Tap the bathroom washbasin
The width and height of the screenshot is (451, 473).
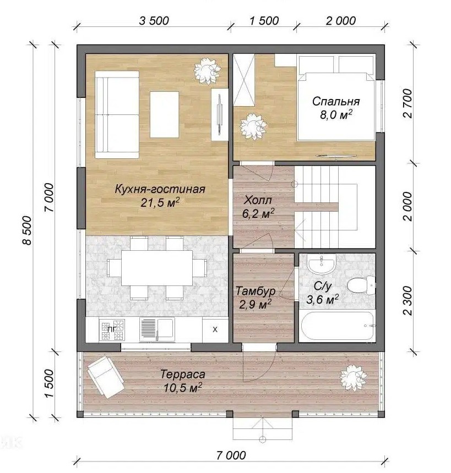pos(322,263)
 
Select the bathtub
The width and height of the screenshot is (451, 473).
pos(337,326)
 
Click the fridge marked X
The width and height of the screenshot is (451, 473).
pos(215,329)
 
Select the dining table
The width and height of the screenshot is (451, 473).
pos(157,268)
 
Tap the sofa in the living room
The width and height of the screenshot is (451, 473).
pos(117,114)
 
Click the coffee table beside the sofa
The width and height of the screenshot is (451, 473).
pos(164,114)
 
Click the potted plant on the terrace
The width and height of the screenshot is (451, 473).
pos(353,378)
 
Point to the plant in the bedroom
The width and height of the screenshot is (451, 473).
pos(254,127)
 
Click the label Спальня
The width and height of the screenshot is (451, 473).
pos(336,101)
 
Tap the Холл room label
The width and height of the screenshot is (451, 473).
pos(258,200)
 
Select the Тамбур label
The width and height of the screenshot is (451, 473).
pos(256,291)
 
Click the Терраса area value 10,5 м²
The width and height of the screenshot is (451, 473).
pos(183,387)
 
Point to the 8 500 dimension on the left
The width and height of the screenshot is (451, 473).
pos(27,230)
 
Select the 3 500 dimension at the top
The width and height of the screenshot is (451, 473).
pos(154,21)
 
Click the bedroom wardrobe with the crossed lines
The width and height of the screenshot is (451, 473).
pos(244,80)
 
